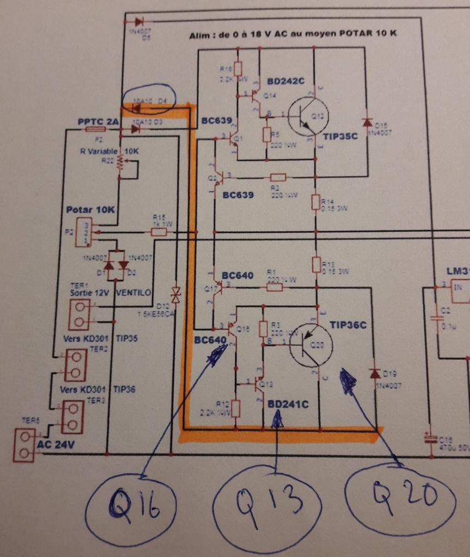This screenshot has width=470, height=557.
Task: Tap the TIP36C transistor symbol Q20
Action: pyautogui.click(x=311, y=346)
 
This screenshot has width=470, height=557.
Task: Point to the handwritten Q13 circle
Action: pyautogui.click(x=267, y=506)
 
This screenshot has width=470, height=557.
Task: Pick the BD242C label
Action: pyautogui.click(x=286, y=82)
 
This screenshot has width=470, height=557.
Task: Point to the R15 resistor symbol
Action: pyautogui.click(x=159, y=232)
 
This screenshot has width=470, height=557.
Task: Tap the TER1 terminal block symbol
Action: pyautogui.click(x=79, y=314)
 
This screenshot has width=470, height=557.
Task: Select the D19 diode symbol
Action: pyautogui.click(x=374, y=373)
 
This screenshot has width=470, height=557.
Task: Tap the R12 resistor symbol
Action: pyautogui.click(x=235, y=408)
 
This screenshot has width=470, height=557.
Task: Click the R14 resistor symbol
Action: pyautogui.click(x=316, y=202)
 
